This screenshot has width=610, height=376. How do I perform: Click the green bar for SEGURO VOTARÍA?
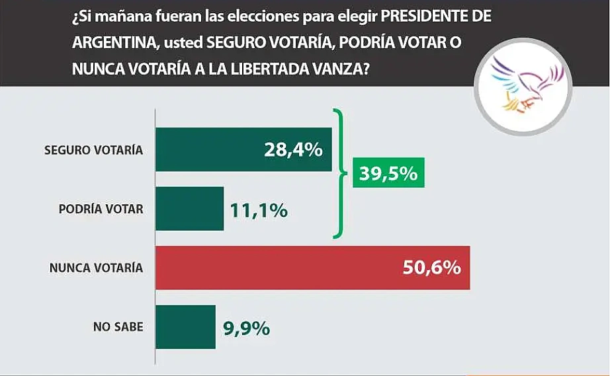pos(243,149)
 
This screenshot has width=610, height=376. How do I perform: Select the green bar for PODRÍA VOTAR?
pos(190,208)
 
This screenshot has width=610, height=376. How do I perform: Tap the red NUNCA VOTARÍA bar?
pos(312,268)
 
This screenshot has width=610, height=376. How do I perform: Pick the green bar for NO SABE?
pos(186,326)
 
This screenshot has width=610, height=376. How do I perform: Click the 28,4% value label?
pos(294,150)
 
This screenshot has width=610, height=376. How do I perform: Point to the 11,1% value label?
pos(259,209)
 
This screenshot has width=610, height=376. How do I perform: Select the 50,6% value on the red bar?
pos(431,268)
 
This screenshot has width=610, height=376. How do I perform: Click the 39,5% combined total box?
pos(388,174)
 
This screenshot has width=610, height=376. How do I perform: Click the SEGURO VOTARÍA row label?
pos(93,150)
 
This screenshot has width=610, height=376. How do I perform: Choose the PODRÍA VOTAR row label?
pos(101,209)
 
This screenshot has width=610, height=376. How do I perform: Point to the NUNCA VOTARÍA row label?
pos(96,268)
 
